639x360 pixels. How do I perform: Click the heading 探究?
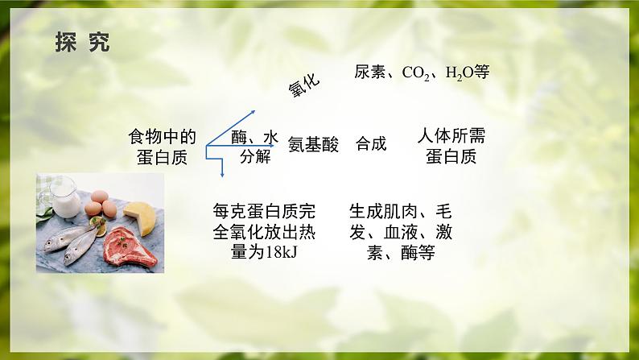click(x=82, y=42)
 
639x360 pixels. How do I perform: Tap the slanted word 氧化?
click(x=304, y=85)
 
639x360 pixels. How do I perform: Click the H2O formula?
click(x=460, y=73)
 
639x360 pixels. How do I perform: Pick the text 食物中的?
click(x=163, y=137)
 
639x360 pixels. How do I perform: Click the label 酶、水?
click(x=254, y=138)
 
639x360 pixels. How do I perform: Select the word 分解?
click(x=255, y=156)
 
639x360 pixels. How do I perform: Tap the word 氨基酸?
click(x=313, y=144)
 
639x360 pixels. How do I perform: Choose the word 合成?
click(x=371, y=143)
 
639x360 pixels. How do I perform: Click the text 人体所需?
click(x=451, y=136)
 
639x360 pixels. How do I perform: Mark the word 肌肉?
click(x=400, y=212)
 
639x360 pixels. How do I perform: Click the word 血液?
click(x=400, y=232)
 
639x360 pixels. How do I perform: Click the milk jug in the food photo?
click(x=64, y=197)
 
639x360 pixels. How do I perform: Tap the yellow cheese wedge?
click(x=140, y=217)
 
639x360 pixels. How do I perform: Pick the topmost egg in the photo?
click(x=100, y=197)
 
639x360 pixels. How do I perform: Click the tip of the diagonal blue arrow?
click(x=255, y=110)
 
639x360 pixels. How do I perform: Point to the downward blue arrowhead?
click(x=222, y=174)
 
